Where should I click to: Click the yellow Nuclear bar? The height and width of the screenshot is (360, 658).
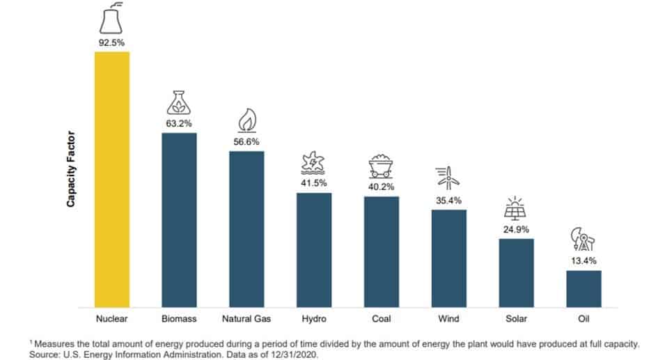click(111, 179)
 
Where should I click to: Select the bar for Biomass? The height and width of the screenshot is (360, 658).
click(179, 219)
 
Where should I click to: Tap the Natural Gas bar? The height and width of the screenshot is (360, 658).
click(246, 228)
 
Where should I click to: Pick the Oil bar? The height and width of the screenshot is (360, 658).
click(583, 288)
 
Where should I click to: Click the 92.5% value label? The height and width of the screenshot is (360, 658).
click(112, 43)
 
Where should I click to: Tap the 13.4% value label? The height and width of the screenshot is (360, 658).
click(583, 260)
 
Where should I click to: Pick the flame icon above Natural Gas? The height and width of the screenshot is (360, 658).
click(246, 120)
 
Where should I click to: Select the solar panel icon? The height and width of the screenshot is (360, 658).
click(516, 208)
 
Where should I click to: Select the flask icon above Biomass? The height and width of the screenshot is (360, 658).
click(179, 103)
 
